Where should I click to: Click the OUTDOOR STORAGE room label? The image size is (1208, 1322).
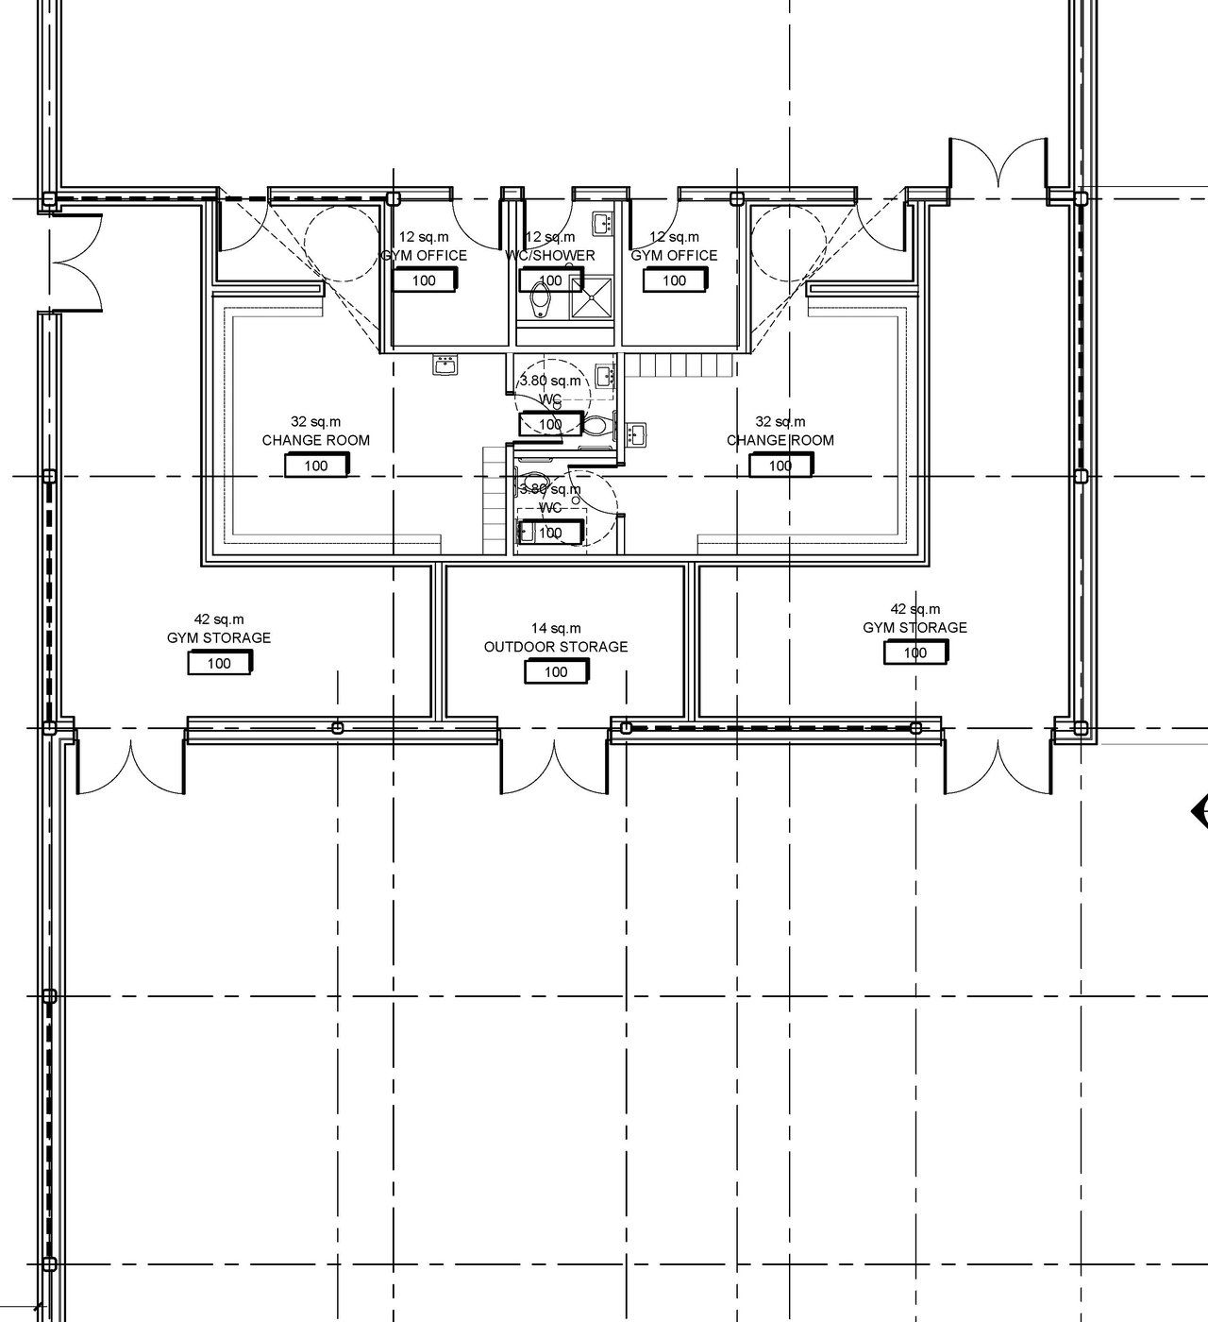555,647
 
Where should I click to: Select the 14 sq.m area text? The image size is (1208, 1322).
555,628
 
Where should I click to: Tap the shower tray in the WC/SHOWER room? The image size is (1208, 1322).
590,299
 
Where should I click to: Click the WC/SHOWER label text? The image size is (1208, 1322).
550,256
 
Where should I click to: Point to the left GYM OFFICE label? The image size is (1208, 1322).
424,256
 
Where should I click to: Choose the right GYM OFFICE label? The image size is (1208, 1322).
674,256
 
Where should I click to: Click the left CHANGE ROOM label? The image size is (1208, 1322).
315,440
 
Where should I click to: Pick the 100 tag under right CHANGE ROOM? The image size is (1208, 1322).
780,466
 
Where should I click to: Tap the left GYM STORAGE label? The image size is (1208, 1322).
219,638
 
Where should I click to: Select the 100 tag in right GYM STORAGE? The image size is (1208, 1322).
914,653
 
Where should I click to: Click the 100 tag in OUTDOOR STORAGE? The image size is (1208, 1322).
556,671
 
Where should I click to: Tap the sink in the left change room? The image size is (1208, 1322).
445,364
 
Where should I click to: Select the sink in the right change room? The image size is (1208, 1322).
636,433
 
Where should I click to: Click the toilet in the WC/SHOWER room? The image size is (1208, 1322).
541,298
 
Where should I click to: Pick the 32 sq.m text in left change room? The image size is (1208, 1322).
315,422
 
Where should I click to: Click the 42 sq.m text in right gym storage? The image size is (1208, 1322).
914,609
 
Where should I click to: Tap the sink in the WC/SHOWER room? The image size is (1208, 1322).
602,224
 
